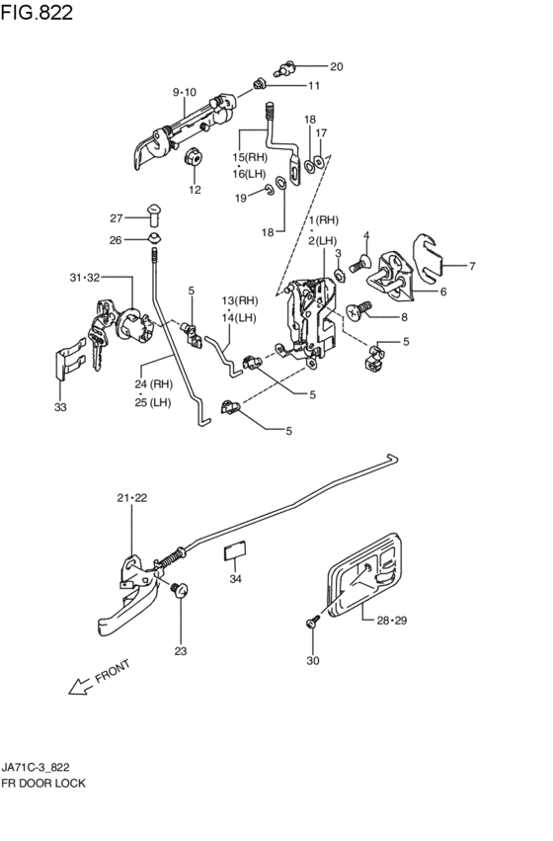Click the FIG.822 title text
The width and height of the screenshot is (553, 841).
(37, 12)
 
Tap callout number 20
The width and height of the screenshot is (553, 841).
(336, 66)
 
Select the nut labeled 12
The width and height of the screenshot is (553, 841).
(193, 157)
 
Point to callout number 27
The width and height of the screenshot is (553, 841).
(117, 217)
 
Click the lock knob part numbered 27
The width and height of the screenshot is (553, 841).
(154, 215)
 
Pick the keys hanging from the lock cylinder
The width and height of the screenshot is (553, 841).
(98, 342)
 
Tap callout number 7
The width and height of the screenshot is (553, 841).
(472, 266)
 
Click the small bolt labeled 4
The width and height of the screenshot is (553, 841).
(359, 264)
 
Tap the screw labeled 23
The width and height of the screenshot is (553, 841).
(180, 590)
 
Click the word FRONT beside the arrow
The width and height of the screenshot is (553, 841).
(113, 671)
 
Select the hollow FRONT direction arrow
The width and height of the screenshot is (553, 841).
(80, 686)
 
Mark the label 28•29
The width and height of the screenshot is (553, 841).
(392, 621)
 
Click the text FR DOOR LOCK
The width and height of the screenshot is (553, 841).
(43, 783)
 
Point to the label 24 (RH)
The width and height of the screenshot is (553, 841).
(154, 384)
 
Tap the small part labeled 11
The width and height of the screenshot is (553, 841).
(260, 84)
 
